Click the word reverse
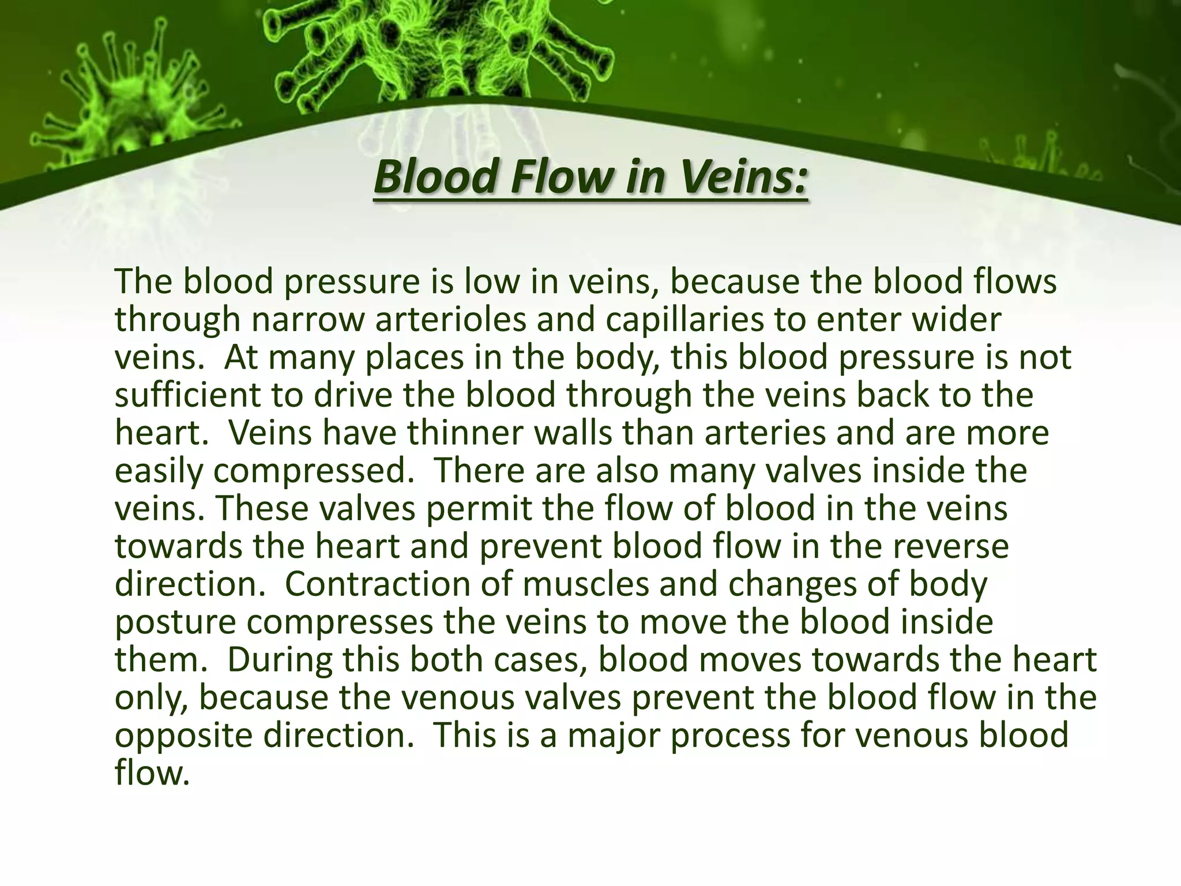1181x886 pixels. point(951,547)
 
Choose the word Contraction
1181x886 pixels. point(394,584)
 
